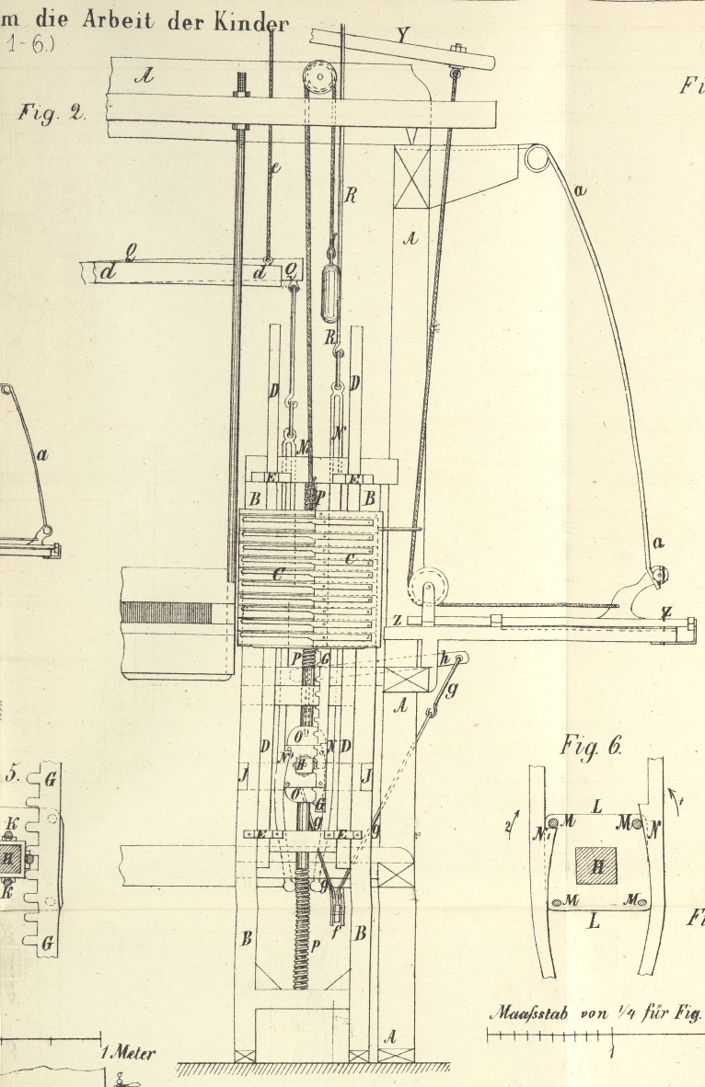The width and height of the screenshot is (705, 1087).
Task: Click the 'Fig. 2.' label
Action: pyautogui.click(x=52, y=114)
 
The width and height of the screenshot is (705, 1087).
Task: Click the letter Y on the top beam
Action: pyautogui.click(x=402, y=35)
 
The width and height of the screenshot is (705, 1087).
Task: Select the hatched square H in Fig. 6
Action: pyautogui.click(x=595, y=865)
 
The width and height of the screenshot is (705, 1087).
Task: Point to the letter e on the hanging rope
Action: pyautogui.click(x=274, y=167)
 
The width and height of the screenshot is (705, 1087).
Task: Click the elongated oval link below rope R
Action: pyautogui.click(x=329, y=292)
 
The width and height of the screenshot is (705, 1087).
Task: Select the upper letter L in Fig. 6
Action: pyautogui.click(x=597, y=807)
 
